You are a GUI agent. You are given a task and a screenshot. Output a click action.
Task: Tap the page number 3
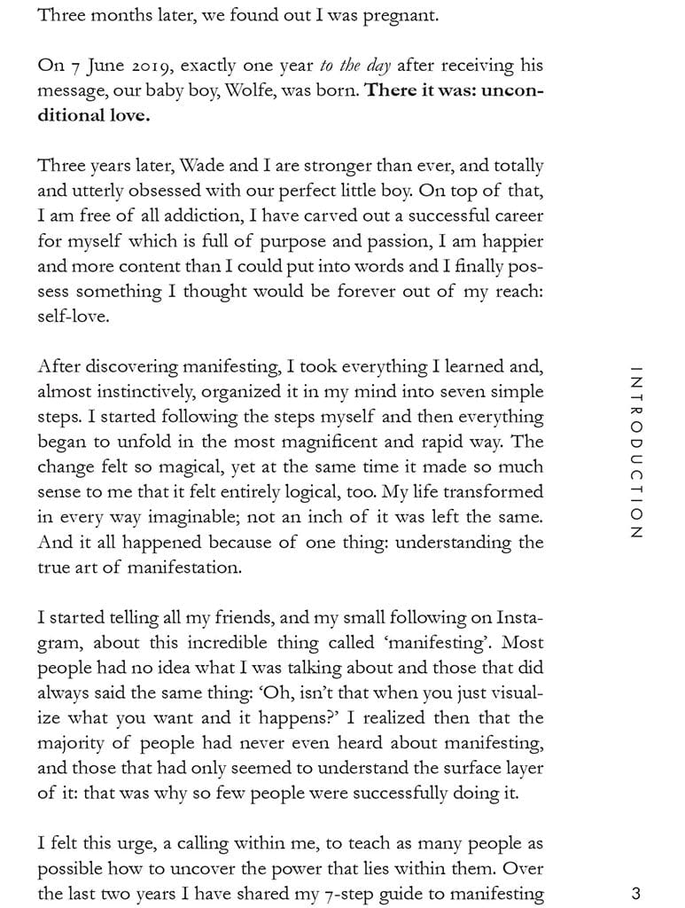(635, 894)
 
